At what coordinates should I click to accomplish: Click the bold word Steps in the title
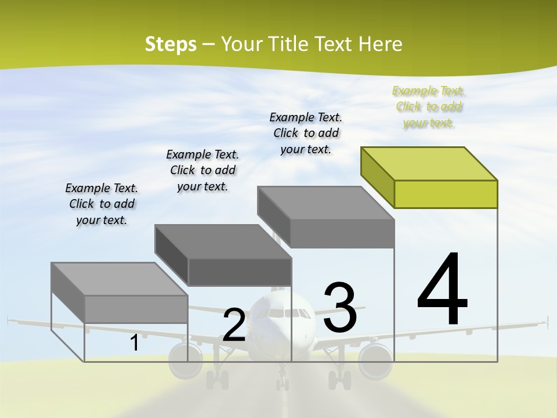[x=171, y=44]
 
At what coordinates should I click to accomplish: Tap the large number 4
[x=442, y=290]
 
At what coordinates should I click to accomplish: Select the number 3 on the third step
[x=340, y=308]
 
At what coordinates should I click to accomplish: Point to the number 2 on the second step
[x=234, y=325]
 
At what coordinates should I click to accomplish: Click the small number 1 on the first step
[x=134, y=343]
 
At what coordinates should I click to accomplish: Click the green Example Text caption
[x=429, y=107]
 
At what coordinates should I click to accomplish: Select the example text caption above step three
[x=306, y=133]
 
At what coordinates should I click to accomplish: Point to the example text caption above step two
[x=202, y=170]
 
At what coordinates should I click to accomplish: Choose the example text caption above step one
[x=102, y=204]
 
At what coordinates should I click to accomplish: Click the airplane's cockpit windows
[x=284, y=314]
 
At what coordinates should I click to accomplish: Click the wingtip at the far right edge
[x=547, y=320]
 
